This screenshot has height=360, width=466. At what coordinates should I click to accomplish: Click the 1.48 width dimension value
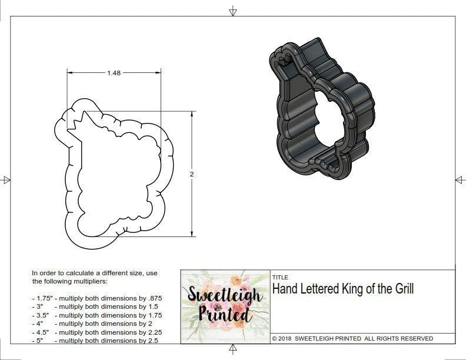coord(114,73)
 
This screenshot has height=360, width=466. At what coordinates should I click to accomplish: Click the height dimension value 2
coord(192,174)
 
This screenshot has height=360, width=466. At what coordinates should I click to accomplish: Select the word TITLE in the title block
coord(279,277)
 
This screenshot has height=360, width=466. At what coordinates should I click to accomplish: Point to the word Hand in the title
coord(284,289)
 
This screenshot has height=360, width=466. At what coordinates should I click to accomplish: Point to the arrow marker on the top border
coord(233,11)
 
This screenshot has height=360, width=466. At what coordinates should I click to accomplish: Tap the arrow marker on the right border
coord(460,179)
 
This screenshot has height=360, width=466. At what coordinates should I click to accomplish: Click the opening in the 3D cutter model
coord(321,121)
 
